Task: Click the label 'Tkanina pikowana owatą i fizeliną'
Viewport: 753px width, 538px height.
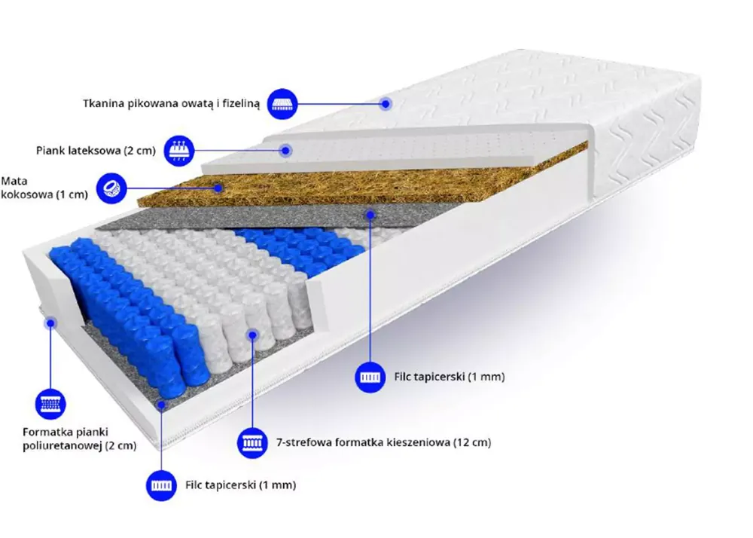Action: click(172, 104)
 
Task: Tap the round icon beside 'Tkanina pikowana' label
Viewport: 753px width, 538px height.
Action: click(282, 104)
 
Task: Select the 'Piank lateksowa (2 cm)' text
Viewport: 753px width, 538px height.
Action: click(96, 151)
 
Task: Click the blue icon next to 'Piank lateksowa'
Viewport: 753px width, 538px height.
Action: click(179, 151)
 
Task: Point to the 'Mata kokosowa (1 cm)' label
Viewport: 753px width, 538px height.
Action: click(44, 188)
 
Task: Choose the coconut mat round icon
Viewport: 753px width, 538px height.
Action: click(111, 188)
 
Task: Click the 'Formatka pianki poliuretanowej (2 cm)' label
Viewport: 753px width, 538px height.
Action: click(80, 439)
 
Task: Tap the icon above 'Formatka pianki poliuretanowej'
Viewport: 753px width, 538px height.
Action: click(50, 404)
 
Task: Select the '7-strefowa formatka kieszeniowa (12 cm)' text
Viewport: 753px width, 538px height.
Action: click(384, 442)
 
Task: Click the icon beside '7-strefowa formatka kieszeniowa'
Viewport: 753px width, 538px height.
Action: click(252, 442)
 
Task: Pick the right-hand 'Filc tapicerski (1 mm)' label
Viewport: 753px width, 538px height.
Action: click(450, 377)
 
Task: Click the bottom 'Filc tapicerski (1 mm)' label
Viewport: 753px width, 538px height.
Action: click(241, 485)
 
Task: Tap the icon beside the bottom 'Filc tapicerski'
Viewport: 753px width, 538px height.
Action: click(161, 486)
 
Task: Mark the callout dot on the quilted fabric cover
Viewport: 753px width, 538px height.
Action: click(385, 104)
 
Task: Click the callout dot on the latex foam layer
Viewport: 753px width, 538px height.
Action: click(286, 151)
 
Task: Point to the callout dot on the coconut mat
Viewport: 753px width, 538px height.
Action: click(218, 188)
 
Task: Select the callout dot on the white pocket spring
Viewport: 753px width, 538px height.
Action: click(252, 335)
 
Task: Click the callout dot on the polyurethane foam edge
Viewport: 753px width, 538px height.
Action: click(50, 322)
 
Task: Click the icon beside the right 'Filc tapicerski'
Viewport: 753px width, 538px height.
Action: click(370, 377)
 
